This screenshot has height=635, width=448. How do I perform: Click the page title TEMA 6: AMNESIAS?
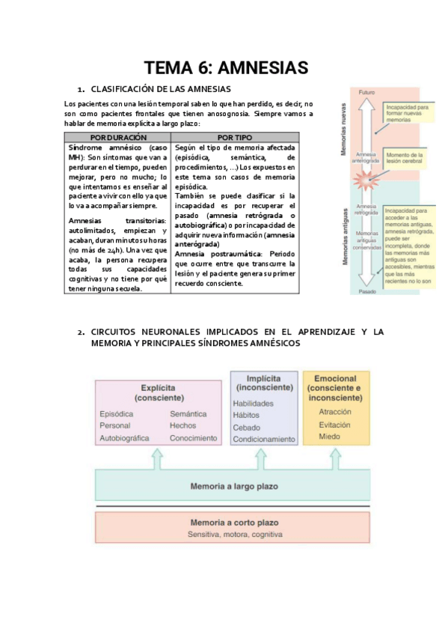pos(226,68)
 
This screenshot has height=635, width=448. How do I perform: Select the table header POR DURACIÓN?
pos(118,138)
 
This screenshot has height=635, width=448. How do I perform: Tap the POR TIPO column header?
pos(235,138)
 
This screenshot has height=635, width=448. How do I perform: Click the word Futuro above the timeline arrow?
pos(366,92)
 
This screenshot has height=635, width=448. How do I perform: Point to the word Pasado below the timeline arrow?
pos(366,291)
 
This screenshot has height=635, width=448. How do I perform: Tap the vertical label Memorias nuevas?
pos(343,135)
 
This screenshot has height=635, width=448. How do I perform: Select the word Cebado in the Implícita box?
pos(247,427)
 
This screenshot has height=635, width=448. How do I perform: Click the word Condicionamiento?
pos(264,439)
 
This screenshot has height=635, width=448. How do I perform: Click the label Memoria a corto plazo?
pos(233,522)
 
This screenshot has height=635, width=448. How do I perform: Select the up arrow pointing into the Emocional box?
pos(334,459)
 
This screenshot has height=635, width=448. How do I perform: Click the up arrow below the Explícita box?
pos(157,459)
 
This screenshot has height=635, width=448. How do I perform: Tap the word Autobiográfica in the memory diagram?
pos(125,438)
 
